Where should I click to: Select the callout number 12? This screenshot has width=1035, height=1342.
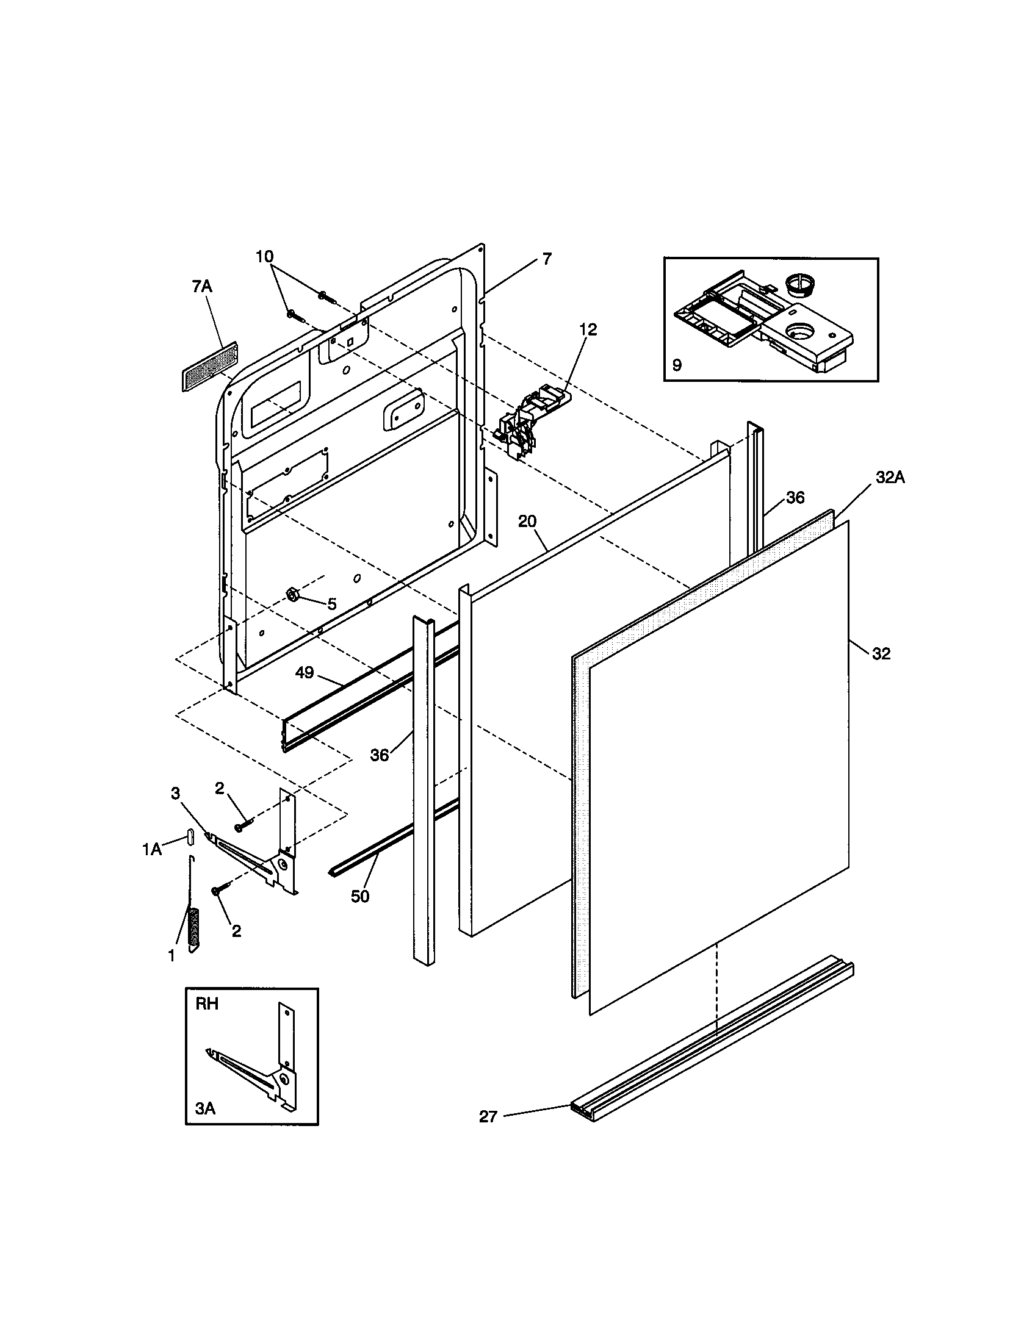point(588,330)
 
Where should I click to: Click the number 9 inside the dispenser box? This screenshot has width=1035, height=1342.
point(677,365)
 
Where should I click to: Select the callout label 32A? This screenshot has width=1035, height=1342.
point(890,477)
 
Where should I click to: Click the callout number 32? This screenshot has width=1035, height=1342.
point(881,654)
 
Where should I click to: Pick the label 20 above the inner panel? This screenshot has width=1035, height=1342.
point(527,522)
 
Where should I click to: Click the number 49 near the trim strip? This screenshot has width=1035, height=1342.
point(305,673)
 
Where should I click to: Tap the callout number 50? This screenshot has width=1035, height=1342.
point(360,897)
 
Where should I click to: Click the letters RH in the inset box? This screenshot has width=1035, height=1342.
point(207,1005)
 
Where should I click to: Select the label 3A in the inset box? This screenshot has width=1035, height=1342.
point(205,1108)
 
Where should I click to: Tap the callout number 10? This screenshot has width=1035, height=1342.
point(265,257)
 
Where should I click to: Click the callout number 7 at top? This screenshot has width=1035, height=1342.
point(547,259)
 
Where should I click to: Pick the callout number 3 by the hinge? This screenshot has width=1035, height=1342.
point(176,794)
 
